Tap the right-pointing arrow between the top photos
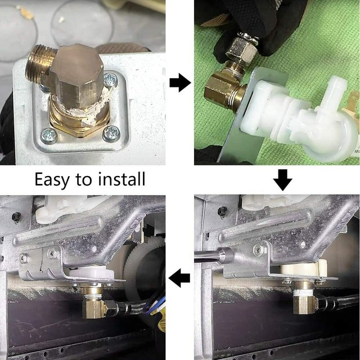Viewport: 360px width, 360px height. tap(180, 83)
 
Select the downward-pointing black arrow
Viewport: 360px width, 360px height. tap(282, 180)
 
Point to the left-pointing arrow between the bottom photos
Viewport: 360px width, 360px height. tap(179, 278)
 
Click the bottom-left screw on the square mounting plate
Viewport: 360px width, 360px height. tap(49, 136)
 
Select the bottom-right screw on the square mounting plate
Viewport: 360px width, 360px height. tap(111, 134)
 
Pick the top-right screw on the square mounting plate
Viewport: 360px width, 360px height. tap(110, 80)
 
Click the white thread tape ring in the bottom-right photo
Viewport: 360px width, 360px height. tap(303, 293)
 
